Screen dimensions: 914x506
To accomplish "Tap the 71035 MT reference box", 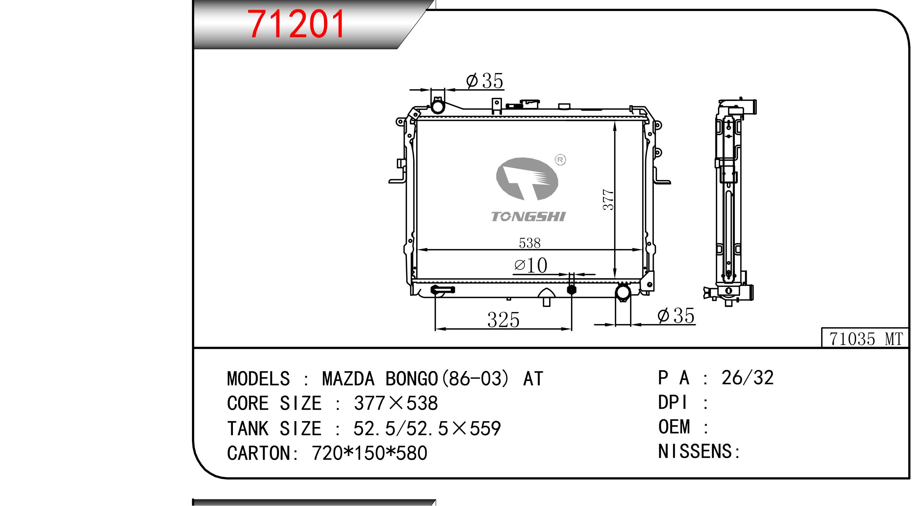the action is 866,338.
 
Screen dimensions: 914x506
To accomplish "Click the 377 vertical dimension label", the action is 608,200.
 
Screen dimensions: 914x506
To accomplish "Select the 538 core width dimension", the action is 530,243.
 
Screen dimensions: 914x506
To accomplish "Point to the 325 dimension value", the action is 503,320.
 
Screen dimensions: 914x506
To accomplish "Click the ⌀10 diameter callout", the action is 531,265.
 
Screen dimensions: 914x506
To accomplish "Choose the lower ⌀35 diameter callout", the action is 676,316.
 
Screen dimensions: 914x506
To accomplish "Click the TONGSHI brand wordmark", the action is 528,216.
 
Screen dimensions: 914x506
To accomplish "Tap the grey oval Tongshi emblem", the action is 527,179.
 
